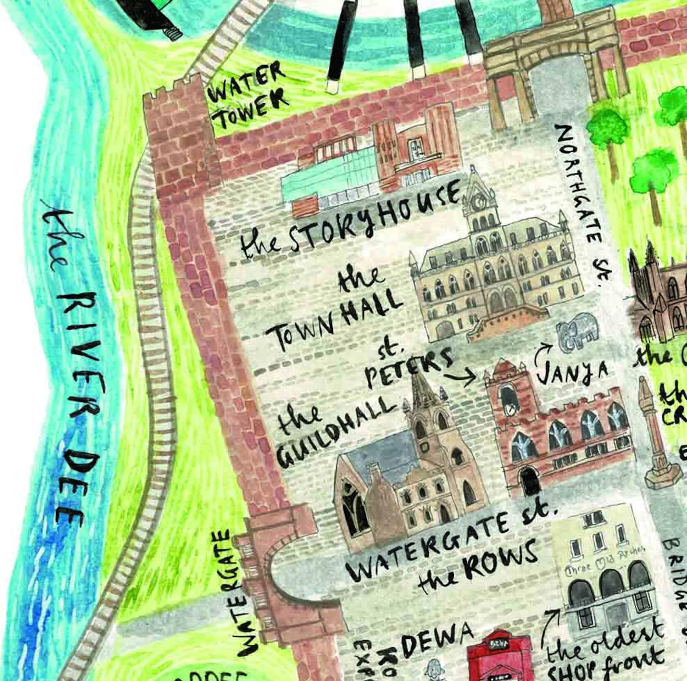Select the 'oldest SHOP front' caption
click(x=606, y=653)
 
